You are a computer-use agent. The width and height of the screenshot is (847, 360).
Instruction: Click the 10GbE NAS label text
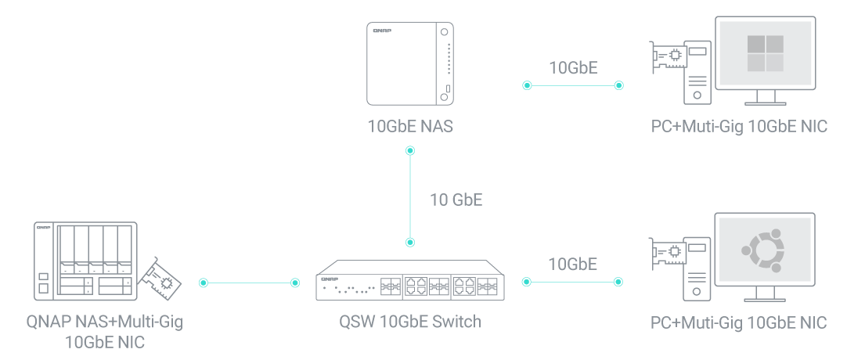(409, 127)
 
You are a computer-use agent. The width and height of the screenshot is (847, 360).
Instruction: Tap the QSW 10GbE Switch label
(409, 322)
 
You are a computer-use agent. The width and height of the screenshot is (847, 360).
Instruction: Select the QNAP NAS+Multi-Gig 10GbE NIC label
(104, 331)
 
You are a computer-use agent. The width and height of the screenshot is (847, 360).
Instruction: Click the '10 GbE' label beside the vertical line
(456, 200)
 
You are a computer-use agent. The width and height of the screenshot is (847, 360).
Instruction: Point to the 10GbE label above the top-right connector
(573, 67)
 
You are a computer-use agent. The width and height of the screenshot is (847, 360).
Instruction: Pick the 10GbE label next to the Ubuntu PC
(573, 264)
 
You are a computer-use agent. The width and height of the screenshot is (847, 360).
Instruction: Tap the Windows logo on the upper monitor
(765, 53)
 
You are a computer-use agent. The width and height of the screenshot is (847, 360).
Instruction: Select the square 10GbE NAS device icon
(410, 63)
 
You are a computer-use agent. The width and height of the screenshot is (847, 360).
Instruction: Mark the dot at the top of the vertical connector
(409, 153)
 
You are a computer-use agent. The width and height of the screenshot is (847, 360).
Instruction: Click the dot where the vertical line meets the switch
(409, 242)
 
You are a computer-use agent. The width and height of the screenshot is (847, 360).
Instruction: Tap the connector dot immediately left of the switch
(296, 283)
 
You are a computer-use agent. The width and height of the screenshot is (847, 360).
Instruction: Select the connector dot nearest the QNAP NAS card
(204, 283)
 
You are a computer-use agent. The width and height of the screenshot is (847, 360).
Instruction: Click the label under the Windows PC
(739, 127)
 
